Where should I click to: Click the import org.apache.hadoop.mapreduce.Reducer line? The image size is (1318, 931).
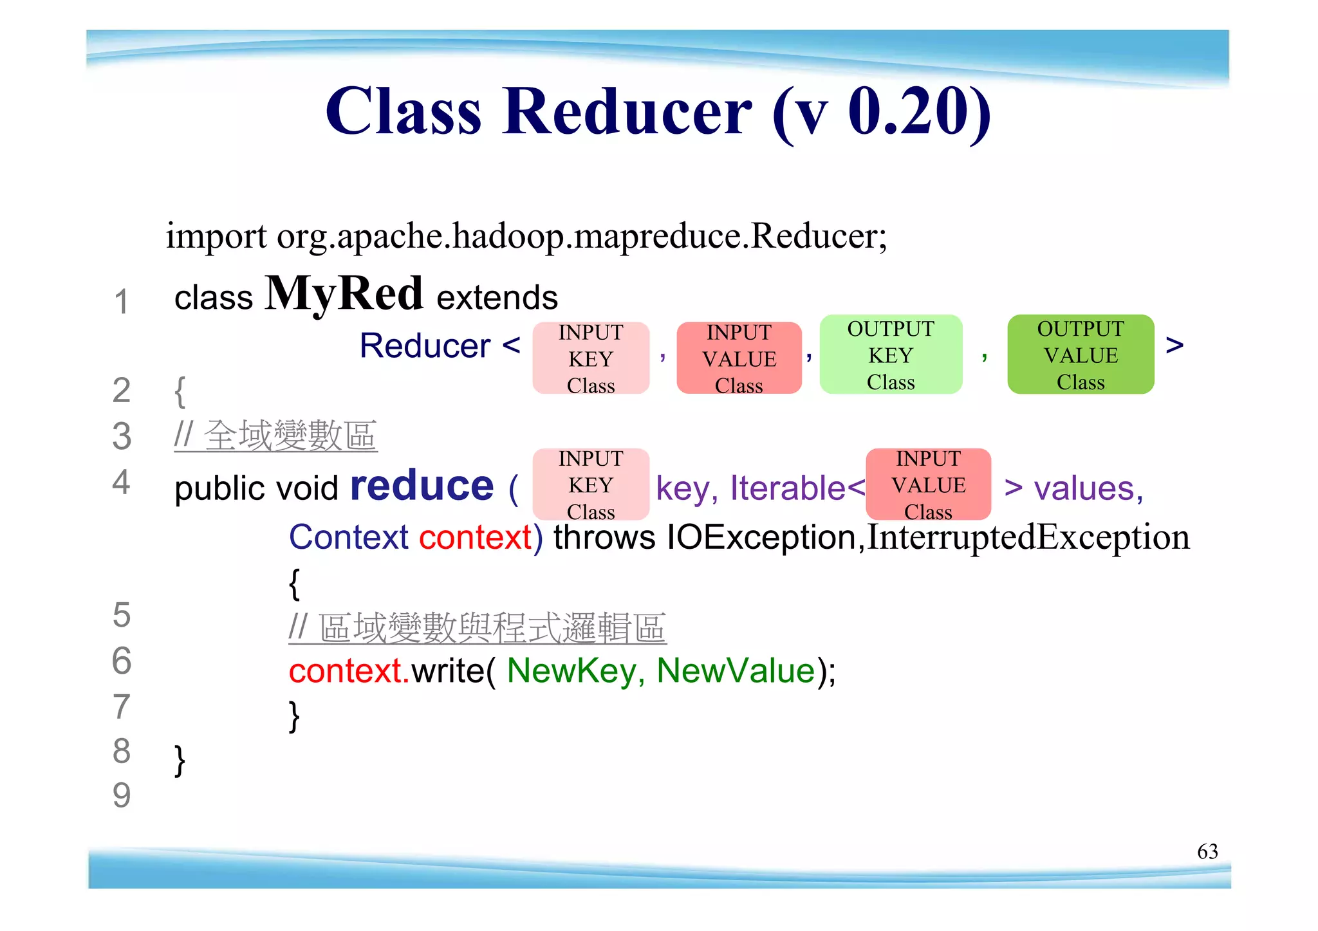point(526,236)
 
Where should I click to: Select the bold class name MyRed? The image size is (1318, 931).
point(344,293)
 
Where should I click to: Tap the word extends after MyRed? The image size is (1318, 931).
point(497,298)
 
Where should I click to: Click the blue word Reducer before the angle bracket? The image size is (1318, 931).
point(425,346)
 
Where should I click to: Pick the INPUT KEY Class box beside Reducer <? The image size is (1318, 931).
point(591,358)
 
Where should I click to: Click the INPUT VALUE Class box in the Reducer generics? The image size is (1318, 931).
point(739,358)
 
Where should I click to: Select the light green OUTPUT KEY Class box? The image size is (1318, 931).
point(891,355)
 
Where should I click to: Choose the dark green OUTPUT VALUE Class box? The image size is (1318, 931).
point(1081,355)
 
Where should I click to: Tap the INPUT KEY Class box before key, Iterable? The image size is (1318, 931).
point(591,484)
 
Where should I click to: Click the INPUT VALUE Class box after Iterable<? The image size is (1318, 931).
point(928,484)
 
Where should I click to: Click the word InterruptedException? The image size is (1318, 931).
point(1028,537)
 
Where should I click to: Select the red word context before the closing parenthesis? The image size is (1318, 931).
point(475,537)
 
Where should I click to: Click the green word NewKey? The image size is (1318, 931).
point(570,670)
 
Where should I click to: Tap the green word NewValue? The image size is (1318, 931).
point(736,670)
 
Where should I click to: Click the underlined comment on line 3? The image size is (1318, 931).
point(275,436)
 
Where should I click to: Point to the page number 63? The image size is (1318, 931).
point(1207,851)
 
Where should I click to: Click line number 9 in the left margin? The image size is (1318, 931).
point(121,796)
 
